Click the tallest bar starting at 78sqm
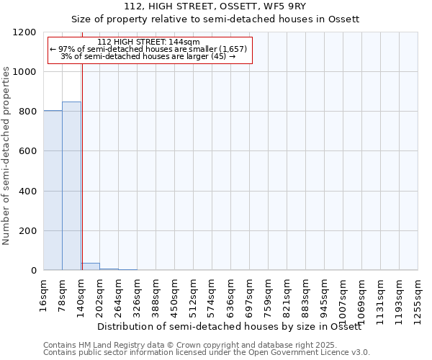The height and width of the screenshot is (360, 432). click(71, 186)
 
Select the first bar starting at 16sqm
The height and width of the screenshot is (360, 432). click(53, 190)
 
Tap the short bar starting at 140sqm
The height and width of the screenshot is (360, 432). click(90, 266)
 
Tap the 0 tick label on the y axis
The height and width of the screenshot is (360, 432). click(33, 271)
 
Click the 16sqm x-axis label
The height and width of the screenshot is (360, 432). click(44, 293)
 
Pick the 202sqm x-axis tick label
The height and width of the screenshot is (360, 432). click(100, 295)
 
